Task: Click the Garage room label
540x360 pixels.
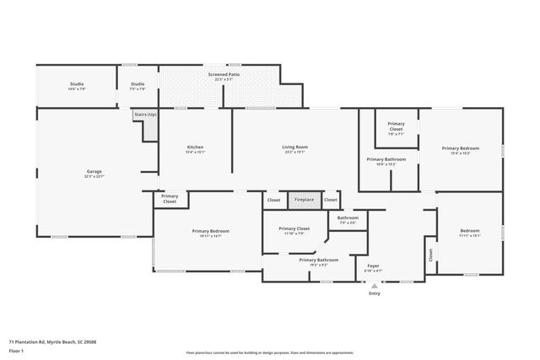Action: [93, 172]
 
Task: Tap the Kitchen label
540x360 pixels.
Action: [195, 148]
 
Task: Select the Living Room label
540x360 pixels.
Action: [294, 148]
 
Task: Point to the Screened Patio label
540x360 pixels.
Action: [224, 76]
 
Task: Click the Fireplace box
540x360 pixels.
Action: [302, 200]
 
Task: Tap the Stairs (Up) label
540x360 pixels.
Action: [145, 113]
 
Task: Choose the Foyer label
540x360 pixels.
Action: [373, 266]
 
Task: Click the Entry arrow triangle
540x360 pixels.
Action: [375, 286]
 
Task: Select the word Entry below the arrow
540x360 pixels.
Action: [375, 293]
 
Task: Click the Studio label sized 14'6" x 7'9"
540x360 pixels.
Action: [77, 84]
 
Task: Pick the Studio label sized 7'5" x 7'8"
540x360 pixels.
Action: [138, 84]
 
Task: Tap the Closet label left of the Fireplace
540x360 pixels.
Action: [273, 200]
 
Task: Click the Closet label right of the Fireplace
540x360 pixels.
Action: [331, 200]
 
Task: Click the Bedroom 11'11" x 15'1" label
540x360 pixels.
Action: [470, 231]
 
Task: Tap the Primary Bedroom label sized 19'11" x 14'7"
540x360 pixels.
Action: [210, 231]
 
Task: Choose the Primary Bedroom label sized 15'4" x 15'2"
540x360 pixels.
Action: [461, 148]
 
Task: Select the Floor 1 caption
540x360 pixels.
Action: [16, 352]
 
